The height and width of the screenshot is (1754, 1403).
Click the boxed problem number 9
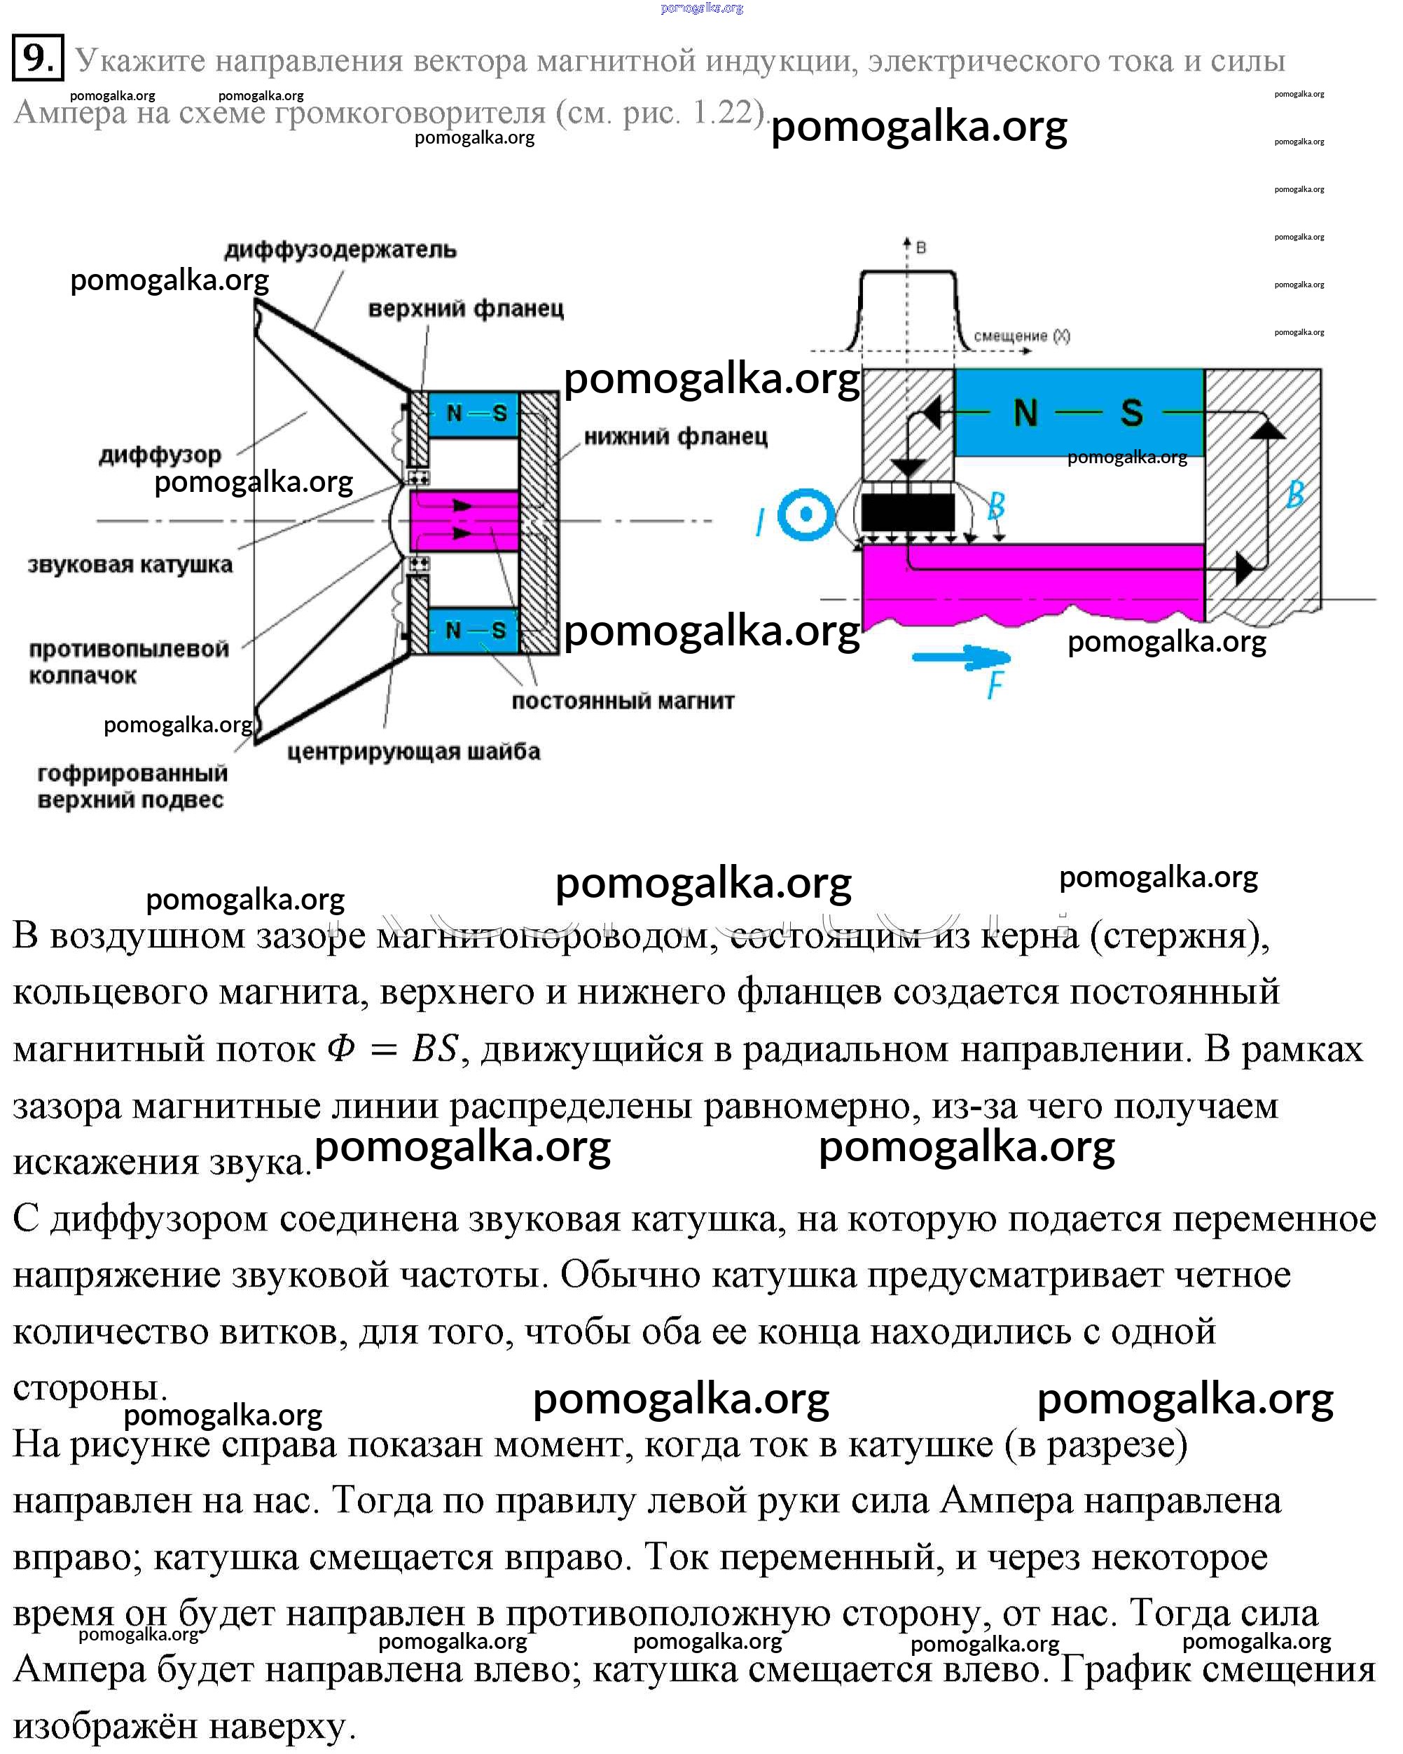pos(37,57)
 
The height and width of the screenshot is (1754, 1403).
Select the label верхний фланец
pos(465,309)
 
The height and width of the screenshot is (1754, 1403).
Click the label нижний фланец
pos(675,437)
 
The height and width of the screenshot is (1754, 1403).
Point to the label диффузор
pos(160,455)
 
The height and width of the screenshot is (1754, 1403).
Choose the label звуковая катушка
pos(130,565)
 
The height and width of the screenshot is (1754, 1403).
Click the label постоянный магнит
pos(622,701)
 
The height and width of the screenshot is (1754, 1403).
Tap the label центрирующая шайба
pos(413,751)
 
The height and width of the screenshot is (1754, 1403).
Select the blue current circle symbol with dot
pos(806,514)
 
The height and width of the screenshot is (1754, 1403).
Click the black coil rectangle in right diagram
pos(908,512)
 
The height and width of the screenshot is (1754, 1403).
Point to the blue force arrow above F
pos(960,657)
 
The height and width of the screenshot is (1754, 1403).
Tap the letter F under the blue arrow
pos(995,686)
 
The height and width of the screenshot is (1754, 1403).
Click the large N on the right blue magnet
pos(1025,413)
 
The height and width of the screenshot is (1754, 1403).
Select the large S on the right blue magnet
pos(1131,413)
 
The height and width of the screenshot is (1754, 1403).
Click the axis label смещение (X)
pos(1021,336)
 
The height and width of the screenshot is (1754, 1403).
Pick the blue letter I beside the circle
pos(760,521)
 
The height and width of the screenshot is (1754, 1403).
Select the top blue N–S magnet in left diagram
pos(474,413)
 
